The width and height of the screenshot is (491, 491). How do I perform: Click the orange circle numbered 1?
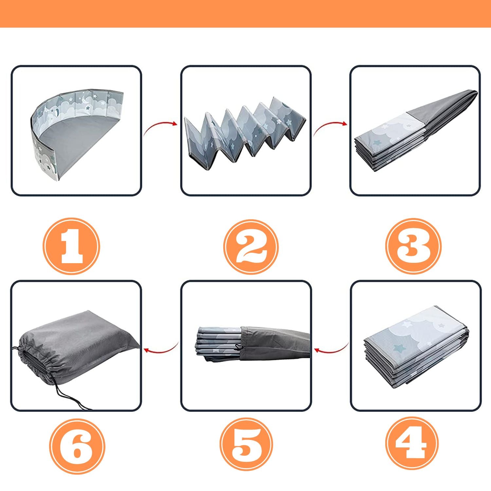point(71,246)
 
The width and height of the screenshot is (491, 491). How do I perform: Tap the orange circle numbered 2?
point(251,246)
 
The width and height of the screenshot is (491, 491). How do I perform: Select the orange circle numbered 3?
point(413,246)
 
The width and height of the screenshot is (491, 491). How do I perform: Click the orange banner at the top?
point(245,14)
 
